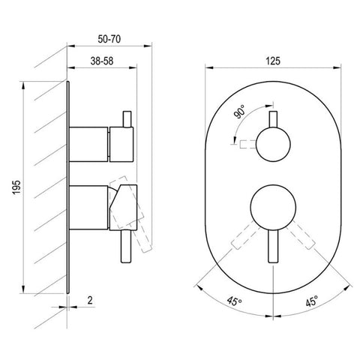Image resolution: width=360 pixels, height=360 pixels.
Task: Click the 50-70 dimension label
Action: (x=109, y=39)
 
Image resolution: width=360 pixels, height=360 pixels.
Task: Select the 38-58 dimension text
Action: (x=102, y=61)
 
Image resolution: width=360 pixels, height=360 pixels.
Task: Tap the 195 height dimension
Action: (x=16, y=187)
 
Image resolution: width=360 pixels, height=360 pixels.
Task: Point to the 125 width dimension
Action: (x=273, y=61)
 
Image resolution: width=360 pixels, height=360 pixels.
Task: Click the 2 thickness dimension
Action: (x=90, y=300)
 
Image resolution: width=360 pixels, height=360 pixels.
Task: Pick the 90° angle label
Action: (x=239, y=112)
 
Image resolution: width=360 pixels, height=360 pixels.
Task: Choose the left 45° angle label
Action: (x=234, y=301)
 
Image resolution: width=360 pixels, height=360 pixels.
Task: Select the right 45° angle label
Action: (x=311, y=301)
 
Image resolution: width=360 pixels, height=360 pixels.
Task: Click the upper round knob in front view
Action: (x=273, y=145)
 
